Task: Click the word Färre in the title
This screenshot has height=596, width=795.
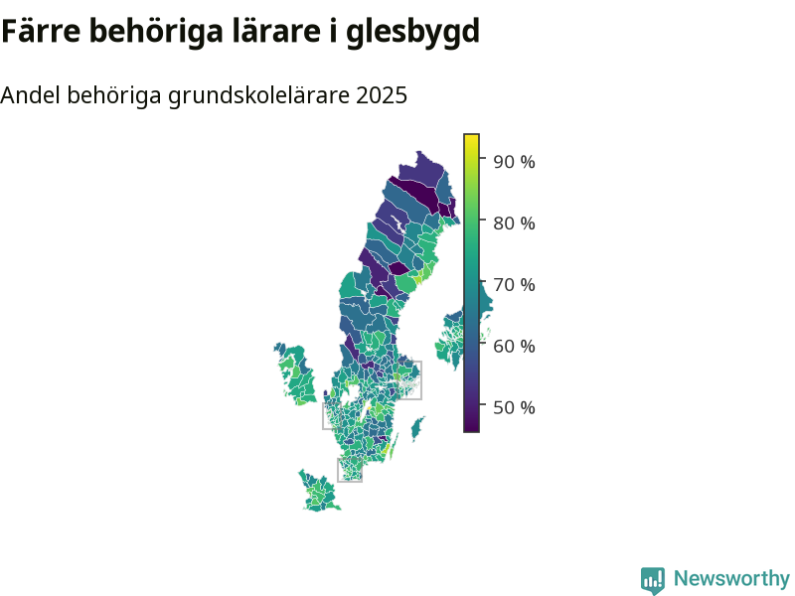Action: (41, 31)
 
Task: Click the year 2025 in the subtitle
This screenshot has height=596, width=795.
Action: (382, 94)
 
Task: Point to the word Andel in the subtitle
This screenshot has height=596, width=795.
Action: (31, 94)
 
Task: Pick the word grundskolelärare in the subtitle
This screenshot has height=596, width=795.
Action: (258, 96)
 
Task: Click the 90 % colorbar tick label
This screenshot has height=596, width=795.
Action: (514, 162)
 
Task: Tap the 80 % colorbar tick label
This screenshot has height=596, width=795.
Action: (514, 223)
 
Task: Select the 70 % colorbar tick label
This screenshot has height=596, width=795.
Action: (514, 285)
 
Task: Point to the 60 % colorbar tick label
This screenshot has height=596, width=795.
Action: (514, 346)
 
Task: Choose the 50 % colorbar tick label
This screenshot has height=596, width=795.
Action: (514, 407)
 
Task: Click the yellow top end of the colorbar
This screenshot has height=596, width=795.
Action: (471, 138)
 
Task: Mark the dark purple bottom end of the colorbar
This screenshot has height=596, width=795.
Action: (471, 428)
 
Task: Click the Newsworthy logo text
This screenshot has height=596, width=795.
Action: (731, 578)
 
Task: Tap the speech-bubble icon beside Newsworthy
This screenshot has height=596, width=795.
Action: (653, 580)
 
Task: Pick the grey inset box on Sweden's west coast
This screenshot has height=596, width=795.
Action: (323, 416)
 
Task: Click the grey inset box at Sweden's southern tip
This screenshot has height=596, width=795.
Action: (350, 459)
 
